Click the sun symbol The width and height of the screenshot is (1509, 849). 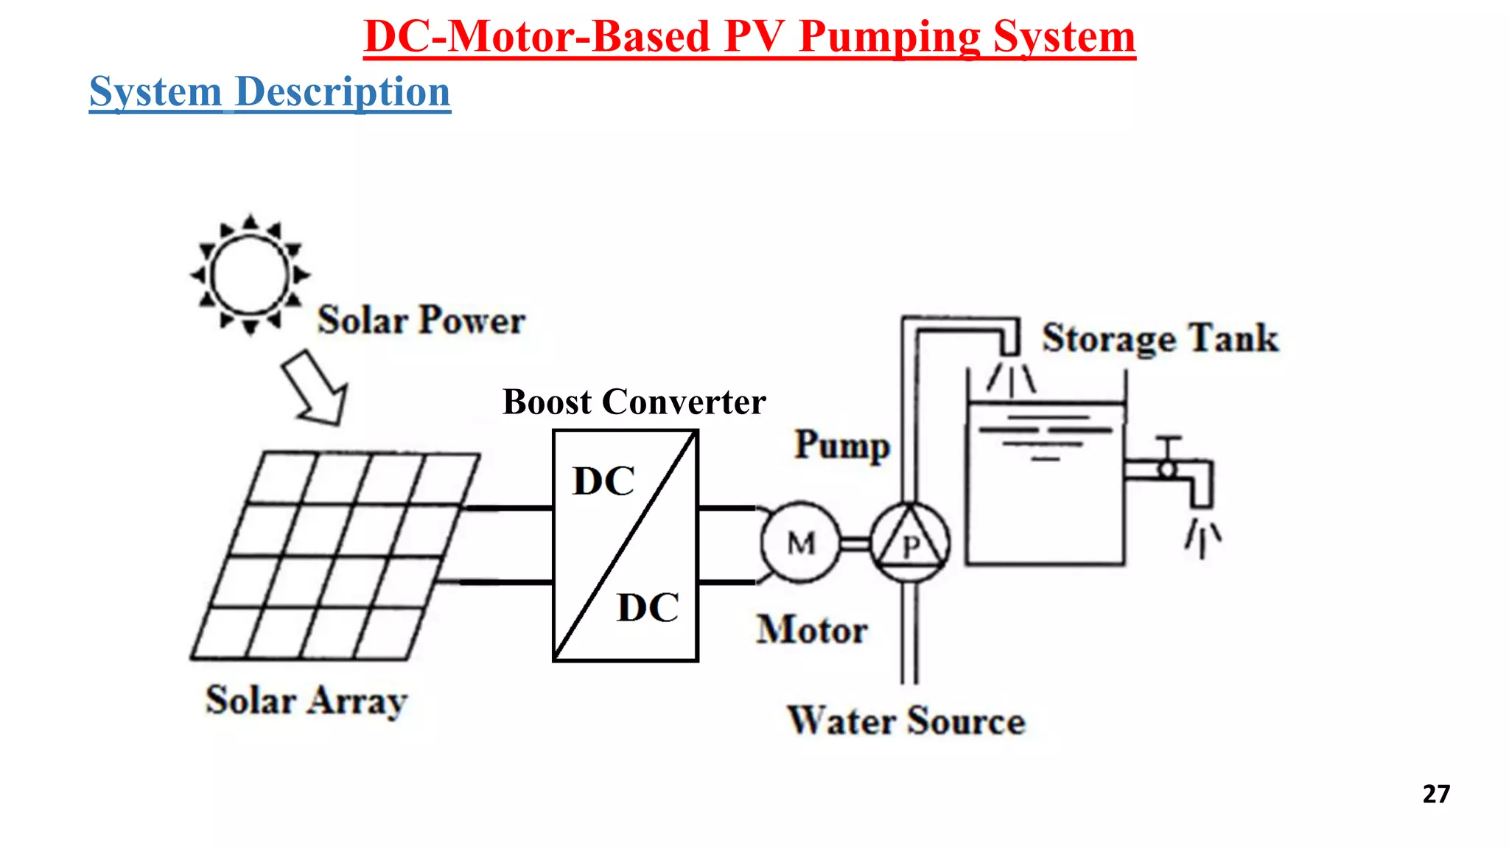pos(250,275)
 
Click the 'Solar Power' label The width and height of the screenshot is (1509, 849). pos(421,321)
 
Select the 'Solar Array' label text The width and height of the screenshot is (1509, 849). pos(306,700)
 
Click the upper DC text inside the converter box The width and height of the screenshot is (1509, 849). pos(603,481)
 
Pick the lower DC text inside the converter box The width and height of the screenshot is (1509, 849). pos(648,608)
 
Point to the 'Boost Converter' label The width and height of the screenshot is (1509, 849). pos(634,402)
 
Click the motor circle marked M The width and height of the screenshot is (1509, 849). pos(800,544)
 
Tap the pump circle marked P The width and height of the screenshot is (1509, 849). pos(911,544)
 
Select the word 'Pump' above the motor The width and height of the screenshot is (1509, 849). pos(842,445)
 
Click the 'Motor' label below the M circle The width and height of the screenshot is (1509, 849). pos(812,630)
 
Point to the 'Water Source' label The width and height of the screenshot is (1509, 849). pos(906,721)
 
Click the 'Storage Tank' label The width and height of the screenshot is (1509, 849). pos(1160,339)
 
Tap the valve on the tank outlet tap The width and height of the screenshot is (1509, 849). pos(1168,467)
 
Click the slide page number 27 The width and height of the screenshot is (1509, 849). pos(1436,794)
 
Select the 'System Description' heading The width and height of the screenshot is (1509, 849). pos(270,92)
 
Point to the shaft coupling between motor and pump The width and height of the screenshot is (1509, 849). pos(855,544)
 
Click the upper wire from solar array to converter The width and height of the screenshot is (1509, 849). pos(507,508)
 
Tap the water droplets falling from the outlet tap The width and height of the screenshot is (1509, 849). pos(1202,539)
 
